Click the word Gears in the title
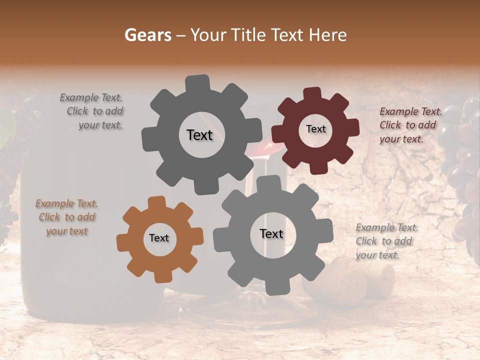(147, 35)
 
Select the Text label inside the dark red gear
(315, 129)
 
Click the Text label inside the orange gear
(159, 238)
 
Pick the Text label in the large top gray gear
(199, 135)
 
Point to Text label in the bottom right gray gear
(271, 233)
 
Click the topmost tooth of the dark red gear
(312, 93)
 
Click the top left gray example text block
(93, 111)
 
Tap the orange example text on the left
(66, 217)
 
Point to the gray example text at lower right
(386, 241)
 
